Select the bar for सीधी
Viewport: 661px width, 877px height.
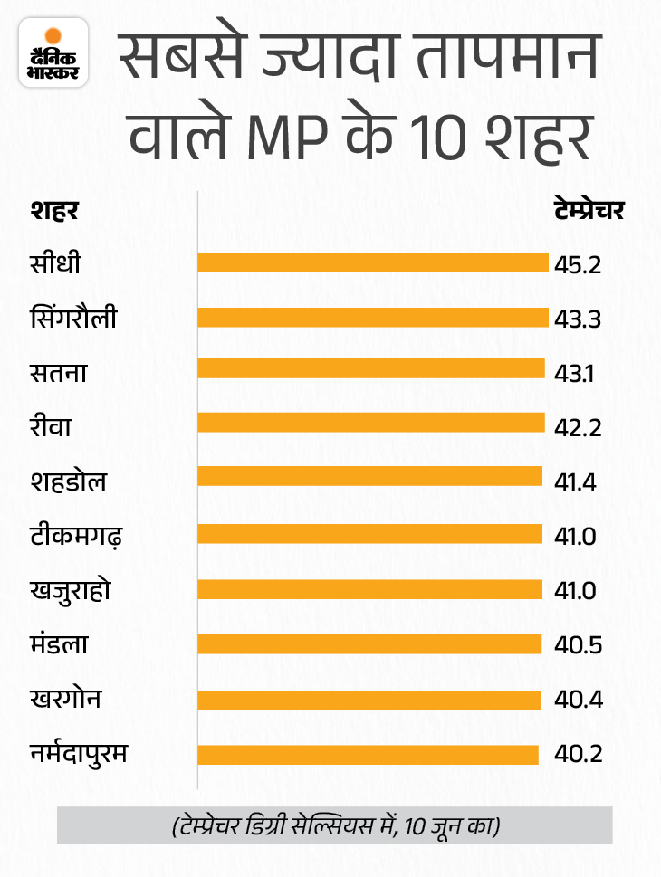(x=373, y=262)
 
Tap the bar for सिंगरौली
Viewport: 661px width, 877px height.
(x=373, y=318)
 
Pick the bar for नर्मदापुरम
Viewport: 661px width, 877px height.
(x=368, y=755)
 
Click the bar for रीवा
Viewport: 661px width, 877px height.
(x=371, y=423)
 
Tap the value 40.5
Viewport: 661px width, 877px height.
(x=575, y=645)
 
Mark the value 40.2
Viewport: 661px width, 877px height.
(x=575, y=755)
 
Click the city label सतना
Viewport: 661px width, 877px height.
(x=58, y=371)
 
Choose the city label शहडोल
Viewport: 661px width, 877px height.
(x=68, y=480)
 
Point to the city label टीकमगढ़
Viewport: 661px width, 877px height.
(x=77, y=536)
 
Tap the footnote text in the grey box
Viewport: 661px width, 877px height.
(x=335, y=825)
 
